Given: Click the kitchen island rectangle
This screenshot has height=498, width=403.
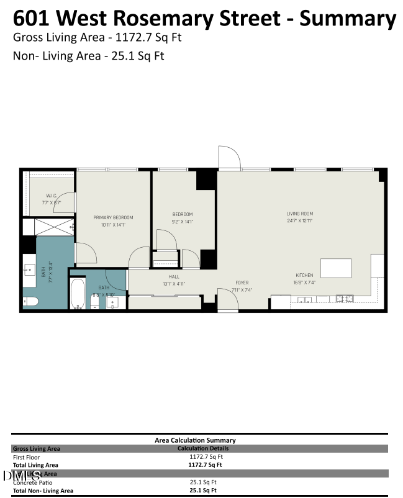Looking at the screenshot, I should pyautogui.click(x=336, y=268).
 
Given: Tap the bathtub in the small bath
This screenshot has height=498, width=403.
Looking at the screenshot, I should pyautogui.click(x=78, y=294).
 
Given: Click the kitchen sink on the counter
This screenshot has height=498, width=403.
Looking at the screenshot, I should pyautogui.click(x=304, y=301).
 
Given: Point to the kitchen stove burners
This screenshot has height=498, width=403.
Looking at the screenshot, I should pyautogui.click(x=344, y=299).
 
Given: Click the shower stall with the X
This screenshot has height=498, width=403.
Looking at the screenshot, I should pyautogui.click(x=54, y=227).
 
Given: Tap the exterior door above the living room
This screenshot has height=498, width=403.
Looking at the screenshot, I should pyautogui.click(x=229, y=158).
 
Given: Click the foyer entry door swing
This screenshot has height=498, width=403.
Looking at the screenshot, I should pyautogui.click(x=227, y=301).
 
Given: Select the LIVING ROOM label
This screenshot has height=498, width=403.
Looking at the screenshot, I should pyautogui.click(x=299, y=214).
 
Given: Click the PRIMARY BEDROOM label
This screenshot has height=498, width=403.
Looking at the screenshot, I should pyautogui.click(x=113, y=217).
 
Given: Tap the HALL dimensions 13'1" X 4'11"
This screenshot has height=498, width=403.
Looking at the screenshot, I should pyautogui.click(x=174, y=284).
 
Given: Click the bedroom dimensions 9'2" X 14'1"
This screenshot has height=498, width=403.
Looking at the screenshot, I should pyautogui.click(x=183, y=221).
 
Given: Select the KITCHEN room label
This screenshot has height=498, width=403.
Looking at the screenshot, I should pyautogui.click(x=304, y=275).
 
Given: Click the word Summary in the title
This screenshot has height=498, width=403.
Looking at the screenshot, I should pyautogui.click(x=348, y=19).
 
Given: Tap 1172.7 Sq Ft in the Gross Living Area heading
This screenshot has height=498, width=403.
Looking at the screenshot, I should pyautogui.click(x=147, y=37).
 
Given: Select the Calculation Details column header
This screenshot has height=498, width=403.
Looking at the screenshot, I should pyautogui.click(x=202, y=448).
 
